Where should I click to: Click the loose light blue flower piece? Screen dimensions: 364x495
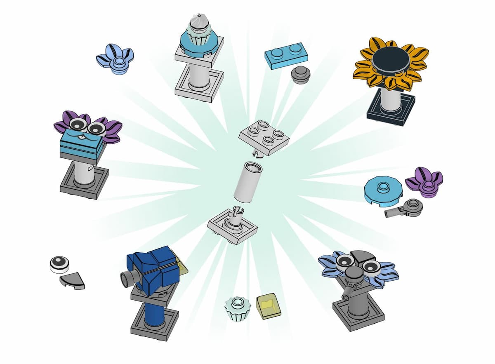(115, 59)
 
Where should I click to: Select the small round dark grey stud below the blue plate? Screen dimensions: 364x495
(300, 75)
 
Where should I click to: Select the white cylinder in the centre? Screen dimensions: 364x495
(247, 181)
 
